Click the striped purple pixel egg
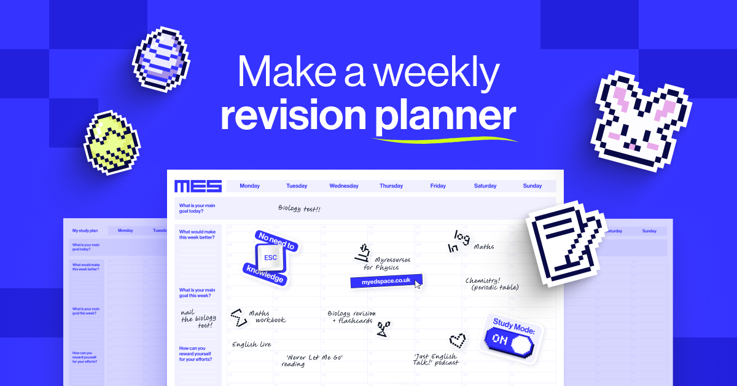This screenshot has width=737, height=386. coord(161,59)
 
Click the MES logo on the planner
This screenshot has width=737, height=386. coord(198,186)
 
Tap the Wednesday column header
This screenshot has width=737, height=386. coord(344,186)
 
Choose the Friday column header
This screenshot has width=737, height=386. coord(438,186)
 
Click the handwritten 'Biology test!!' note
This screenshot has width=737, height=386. coord(299,209)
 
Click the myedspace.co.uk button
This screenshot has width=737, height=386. coord(384,281)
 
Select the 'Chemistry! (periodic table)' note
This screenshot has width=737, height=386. coord(492,283)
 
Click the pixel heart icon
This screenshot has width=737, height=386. coord(457,339)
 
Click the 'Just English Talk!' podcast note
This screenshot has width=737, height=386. coord(435,359)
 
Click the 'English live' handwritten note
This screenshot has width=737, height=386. coord(251,345)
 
